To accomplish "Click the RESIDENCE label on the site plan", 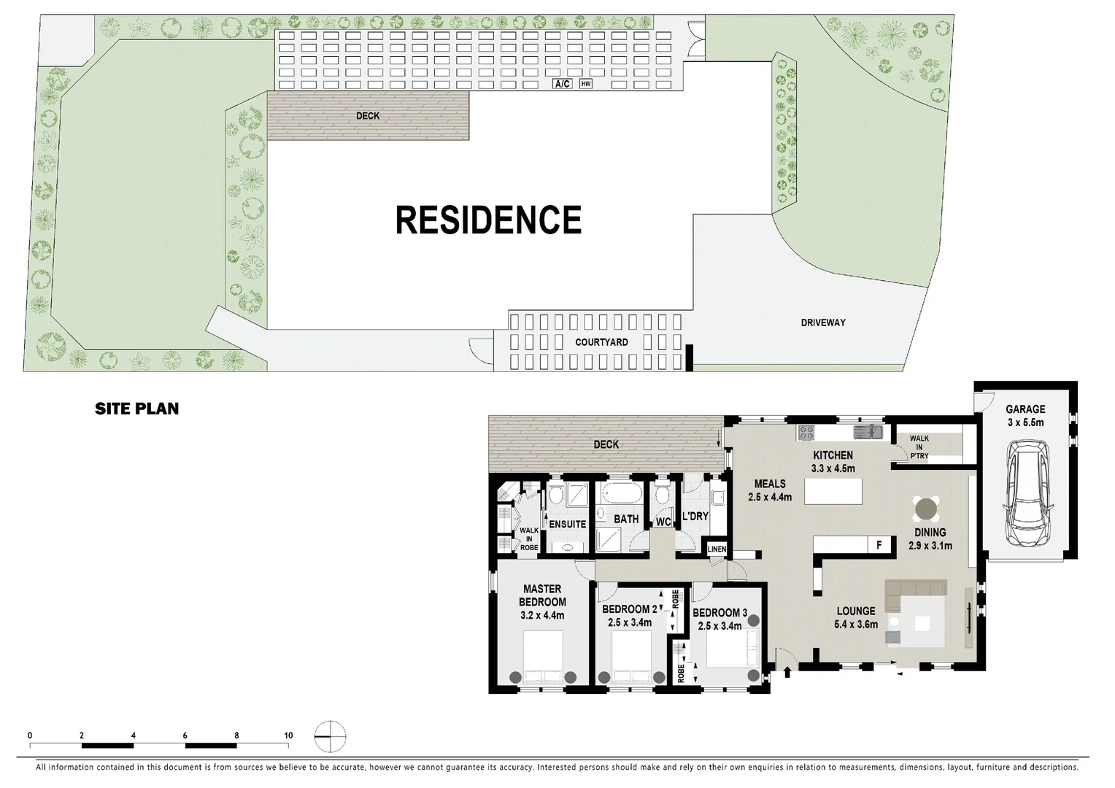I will (x=488, y=220).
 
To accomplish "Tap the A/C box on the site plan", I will (x=562, y=85).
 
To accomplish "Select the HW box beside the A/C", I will (x=585, y=85).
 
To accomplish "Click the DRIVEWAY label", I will (x=823, y=322).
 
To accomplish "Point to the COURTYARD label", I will (x=601, y=342).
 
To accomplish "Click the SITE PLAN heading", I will (x=136, y=409).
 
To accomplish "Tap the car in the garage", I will (x=1028, y=492).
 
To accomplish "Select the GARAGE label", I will (x=1025, y=409).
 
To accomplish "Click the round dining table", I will (x=927, y=506).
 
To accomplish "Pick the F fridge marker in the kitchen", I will (x=879, y=544).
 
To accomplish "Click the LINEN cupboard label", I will (x=717, y=549).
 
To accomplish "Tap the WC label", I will (x=663, y=522).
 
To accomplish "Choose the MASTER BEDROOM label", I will (x=542, y=595).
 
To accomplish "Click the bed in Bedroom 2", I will (x=630, y=655).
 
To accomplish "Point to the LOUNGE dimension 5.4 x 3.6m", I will (x=856, y=625).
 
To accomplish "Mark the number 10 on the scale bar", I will (x=288, y=735).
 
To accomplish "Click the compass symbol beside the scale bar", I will (x=331, y=735).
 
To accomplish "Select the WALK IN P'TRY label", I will (x=919, y=447).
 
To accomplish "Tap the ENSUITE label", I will (x=567, y=524).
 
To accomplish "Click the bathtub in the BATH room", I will (x=620, y=494).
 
